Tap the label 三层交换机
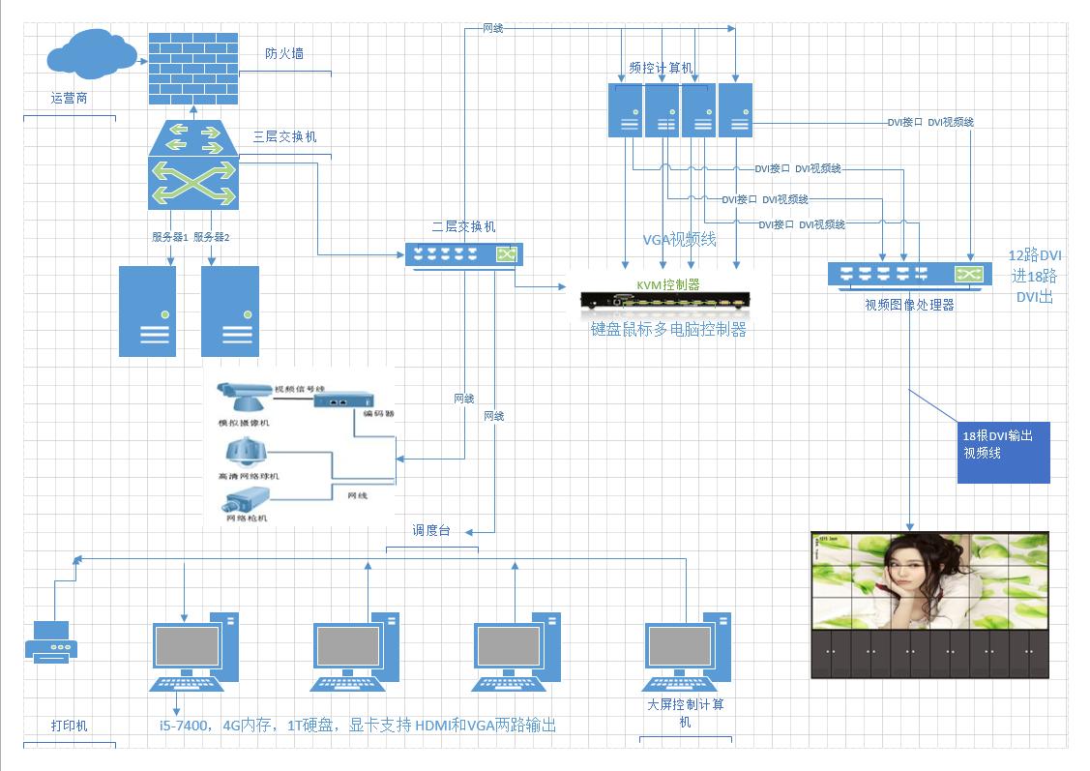pyautogui.click(x=284, y=136)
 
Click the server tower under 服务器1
pyautogui.click(x=147, y=311)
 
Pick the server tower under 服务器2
pyautogui.click(x=230, y=311)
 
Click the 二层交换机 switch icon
pyautogui.click(x=464, y=254)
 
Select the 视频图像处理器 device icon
pyautogui.click(x=908, y=275)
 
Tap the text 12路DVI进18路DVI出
pyautogui.click(x=1035, y=276)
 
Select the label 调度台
pyautogui.click(x=431, y=530)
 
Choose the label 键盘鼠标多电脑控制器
pyautogui.click(x=669, y=329)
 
